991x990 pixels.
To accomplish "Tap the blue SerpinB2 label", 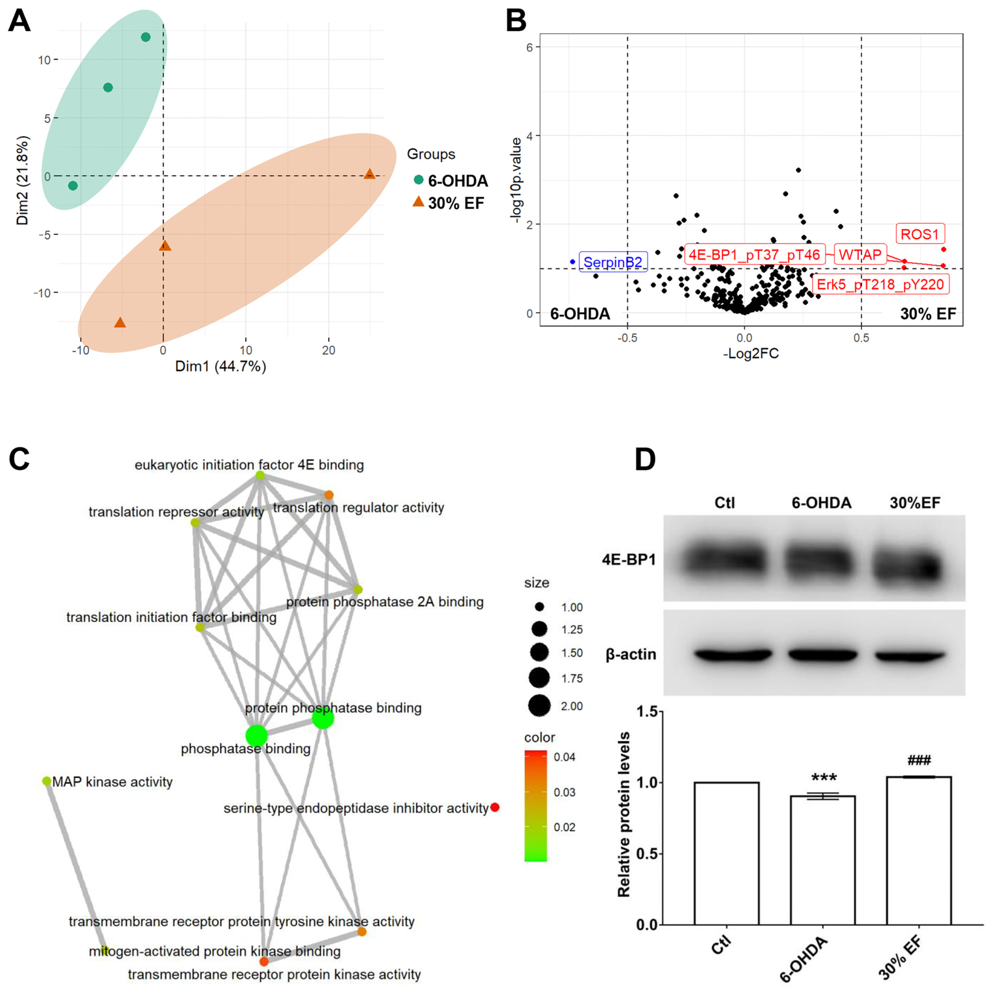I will (613, 262).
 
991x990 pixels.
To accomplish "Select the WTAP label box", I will (860, 254).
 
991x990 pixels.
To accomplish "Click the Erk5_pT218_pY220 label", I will (880, 284).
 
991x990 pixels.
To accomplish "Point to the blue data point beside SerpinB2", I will (572, 262).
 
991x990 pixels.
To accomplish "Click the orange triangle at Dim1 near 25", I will (369, 174).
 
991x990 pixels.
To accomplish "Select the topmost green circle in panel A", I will (146, 37).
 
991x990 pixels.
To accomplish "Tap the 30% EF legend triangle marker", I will (419, 202).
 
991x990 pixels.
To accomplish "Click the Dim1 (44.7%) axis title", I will (221, 366).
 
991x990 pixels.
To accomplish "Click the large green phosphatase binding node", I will (257, 736).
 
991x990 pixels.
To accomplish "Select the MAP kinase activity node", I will (47, 781).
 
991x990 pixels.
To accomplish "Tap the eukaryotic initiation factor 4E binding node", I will (260, 476).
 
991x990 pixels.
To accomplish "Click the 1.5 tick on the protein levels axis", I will (647, 712).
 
